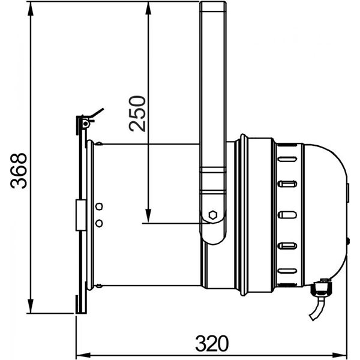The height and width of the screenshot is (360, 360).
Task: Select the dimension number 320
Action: tap(212, 343)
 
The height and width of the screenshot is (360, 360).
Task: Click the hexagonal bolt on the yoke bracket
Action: tap(212, 214)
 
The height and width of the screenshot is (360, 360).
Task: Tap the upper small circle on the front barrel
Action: tap(99, 206)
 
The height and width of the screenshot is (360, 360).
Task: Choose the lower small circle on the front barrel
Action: tap(99, 223)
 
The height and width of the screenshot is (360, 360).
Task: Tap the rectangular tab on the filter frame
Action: tap(79, 215)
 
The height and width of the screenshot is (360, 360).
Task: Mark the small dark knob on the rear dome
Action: tap(348, 241)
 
